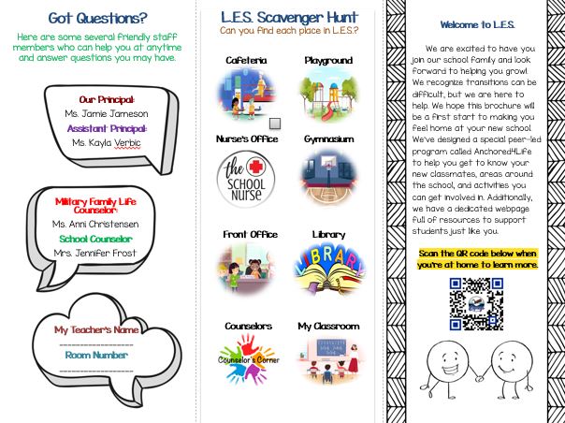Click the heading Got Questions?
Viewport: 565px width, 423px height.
tap(97, 16)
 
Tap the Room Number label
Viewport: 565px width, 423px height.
tap(96, 355)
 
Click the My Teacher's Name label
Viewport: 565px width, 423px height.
tap(96, 330)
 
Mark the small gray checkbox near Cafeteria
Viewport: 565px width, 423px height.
tap(275, 124)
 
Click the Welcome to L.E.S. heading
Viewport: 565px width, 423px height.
tap(476, 24)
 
